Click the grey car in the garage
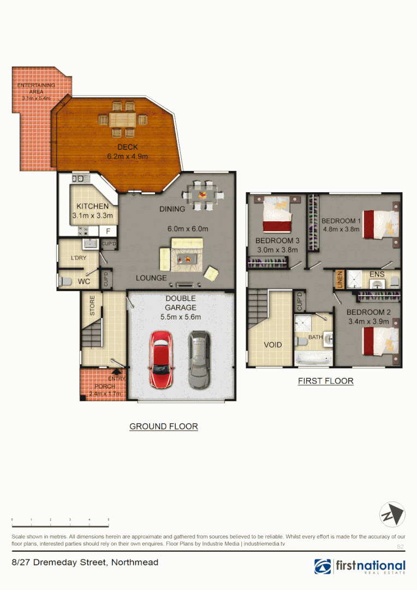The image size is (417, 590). coord(199,359)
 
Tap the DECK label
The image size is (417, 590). coord(127,147)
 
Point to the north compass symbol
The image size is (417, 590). coord(392,515)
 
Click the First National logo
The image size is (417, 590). coord(360,566)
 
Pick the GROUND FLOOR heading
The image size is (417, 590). coord(163,426)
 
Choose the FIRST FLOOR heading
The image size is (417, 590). coord(325,381)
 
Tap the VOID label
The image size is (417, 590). coord(273,345)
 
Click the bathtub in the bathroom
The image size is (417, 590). coord(312,358)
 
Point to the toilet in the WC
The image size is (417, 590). coord(64,281)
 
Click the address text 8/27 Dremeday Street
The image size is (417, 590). coord(85,562)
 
